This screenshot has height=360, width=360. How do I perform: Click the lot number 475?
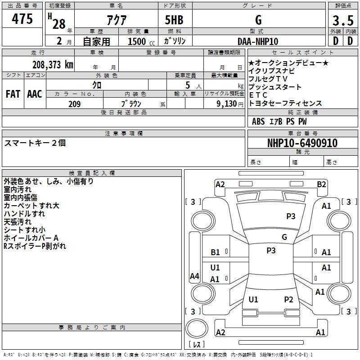[22, 19]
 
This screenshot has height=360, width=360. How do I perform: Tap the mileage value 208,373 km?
[53, 64]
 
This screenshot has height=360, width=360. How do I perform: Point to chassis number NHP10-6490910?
[302, 143]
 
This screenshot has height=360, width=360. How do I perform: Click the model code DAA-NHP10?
[258, 41]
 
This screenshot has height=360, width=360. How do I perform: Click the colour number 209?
[74, 104]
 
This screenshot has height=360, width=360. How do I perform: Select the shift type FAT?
[13, 94]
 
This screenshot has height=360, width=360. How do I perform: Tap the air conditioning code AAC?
[35, 94]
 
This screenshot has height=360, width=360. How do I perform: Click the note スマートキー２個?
[35, 143]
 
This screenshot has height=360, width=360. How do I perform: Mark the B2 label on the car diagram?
[321, 184]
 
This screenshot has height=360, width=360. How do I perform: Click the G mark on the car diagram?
[284, 237]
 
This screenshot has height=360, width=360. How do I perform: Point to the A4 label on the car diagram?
[194, 276]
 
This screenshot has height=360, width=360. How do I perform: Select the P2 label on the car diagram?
[288, 299]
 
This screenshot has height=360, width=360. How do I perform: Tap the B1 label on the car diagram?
[216, 252]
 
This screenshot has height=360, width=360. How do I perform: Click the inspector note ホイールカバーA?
[31, 238]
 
